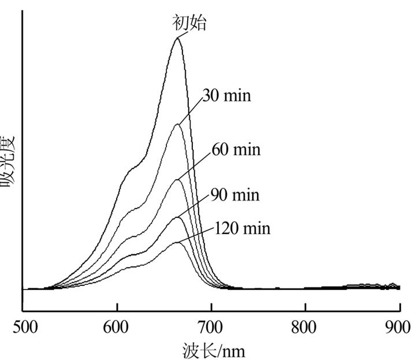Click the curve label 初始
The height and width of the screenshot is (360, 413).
189,23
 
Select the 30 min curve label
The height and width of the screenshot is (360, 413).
226,94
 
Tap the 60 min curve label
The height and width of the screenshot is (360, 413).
236,150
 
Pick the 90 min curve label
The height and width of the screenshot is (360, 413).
235,195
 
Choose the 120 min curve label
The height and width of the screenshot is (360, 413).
242,228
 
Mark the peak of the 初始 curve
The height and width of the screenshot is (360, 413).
177,38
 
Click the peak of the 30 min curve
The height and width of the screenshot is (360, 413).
177,124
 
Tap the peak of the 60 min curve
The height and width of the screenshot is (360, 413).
178,180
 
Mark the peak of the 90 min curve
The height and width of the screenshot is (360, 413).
178,217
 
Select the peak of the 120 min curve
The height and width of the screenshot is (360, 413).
178,243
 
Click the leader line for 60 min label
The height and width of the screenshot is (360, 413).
194,165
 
